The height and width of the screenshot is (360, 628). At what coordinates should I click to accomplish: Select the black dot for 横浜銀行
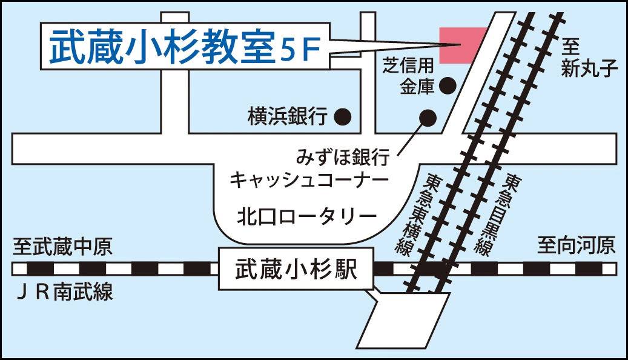click(343, 115)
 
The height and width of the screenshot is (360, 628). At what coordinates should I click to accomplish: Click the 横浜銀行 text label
click(287, 115)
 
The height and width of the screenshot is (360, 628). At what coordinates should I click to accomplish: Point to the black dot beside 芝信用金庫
click(447, 87)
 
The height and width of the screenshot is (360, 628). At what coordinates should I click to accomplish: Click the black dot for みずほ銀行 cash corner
click(428, 117)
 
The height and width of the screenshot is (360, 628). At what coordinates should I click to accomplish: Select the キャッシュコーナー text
click(309, 181)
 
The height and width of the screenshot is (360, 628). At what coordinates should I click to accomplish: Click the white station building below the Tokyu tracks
click(403, 318)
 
